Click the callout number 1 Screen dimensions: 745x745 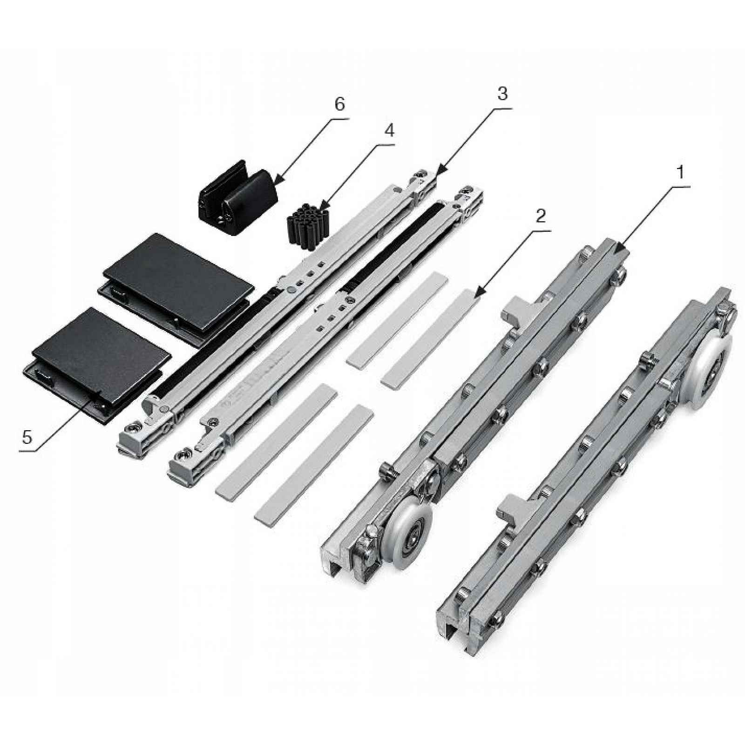coord(681,173)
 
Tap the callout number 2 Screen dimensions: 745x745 coord(541,217)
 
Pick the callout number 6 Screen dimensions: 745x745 coord(339,104)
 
